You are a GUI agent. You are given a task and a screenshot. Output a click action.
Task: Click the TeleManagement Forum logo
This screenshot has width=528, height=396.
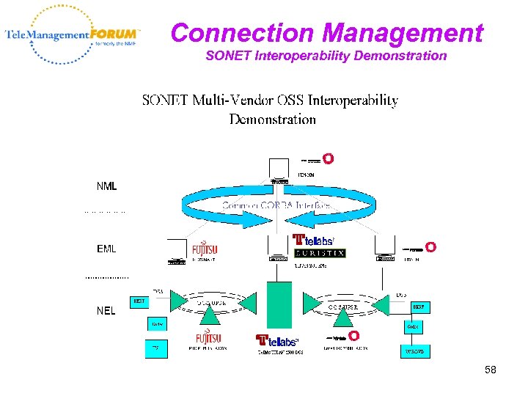(x=72, y=34)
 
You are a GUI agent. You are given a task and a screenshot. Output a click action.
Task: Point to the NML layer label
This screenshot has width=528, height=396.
(x=106, y=186)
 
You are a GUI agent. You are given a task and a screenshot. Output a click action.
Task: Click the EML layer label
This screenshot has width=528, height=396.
(x=106, y=249)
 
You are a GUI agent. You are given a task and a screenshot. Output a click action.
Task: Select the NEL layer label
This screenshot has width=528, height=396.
(x=106, y=310)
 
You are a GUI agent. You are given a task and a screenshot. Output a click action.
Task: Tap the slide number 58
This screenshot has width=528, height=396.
(x=490, y=370)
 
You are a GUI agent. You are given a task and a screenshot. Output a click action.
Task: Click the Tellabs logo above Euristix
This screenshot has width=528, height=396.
(x=314, y=240)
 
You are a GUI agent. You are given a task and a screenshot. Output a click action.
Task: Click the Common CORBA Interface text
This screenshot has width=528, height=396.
(x=276, y=206)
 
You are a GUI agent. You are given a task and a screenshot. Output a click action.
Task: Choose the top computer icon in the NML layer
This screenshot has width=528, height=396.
(x=278, y=175)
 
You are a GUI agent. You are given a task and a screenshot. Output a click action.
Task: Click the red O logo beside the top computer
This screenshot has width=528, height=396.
(x=329, y=159)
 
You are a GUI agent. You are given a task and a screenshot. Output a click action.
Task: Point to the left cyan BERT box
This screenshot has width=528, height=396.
(x=139, y=301)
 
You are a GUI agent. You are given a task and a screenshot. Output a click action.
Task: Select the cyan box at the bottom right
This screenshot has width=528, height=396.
(x=414, y=351)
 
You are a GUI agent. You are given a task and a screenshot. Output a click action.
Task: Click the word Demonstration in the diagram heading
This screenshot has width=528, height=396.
(x=273, y=119)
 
